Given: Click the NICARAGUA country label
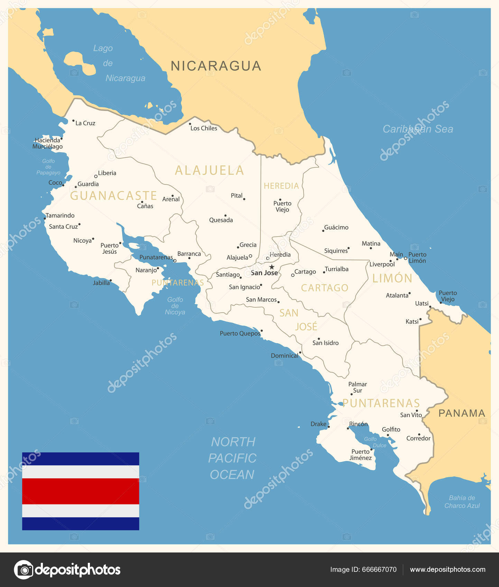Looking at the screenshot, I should point(216,66).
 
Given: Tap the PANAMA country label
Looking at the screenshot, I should point(462,413).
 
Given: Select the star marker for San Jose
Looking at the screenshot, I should point(272,267).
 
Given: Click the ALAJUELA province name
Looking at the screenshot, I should point(210,171).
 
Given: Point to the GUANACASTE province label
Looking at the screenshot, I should point(113,196).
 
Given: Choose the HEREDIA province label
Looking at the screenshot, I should point(281,186).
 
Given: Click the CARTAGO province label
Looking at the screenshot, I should point(324,288).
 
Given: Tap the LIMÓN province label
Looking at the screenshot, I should point(392,278).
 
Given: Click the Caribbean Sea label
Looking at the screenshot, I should point(418,129).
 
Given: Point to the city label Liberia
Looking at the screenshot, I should point(107,173).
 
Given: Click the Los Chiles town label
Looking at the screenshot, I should point(204,128).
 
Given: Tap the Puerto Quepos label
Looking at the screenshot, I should point(240,334).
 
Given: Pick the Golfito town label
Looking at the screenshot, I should point(391,430).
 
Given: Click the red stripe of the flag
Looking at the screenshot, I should point(81,491).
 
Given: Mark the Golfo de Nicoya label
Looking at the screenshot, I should point(175,306).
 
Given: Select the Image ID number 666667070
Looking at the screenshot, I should point(379,569).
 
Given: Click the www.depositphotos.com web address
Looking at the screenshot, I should point(447,569).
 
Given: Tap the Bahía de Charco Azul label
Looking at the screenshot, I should point(462,502).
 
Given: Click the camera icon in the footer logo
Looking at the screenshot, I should point(24,570).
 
